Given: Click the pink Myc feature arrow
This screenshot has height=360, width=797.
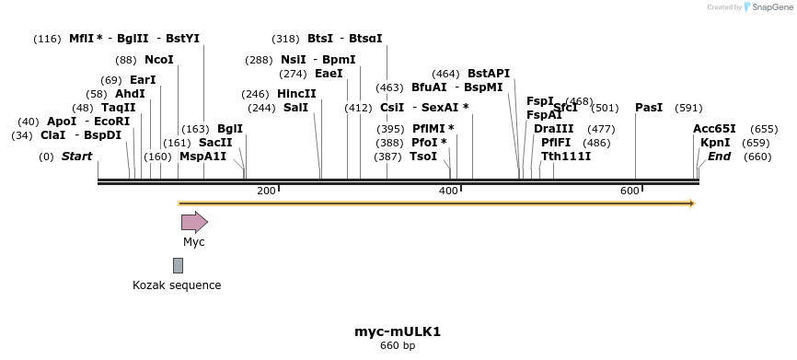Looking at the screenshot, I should [194, 222].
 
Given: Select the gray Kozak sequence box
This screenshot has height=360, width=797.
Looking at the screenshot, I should [178, 265].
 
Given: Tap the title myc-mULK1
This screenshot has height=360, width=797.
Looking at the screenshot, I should [398, 331].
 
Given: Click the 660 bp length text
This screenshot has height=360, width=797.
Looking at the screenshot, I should [398, 346].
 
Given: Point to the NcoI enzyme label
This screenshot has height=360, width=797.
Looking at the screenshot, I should [159, 60].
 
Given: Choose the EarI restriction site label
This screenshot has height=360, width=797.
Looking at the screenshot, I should [143, 80].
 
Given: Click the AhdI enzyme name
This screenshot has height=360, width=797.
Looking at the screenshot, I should [130, 94].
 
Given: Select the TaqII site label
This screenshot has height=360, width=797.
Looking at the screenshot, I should [118, 108].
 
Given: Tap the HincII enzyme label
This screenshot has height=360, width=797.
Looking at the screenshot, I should [296, 94].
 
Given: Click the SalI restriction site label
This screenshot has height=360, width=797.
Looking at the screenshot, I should [295, 108].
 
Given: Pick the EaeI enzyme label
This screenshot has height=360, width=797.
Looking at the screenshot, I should [329, 74].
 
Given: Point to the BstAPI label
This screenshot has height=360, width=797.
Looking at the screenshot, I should [489, 74].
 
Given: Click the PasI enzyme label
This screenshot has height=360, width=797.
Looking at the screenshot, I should [649, 108].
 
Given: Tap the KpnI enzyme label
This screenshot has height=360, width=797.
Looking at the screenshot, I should [715, 143].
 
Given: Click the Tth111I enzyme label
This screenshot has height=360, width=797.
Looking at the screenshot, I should [566, 157].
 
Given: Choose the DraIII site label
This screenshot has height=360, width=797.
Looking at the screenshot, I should [554, 129].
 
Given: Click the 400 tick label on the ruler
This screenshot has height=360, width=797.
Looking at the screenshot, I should [448, 191].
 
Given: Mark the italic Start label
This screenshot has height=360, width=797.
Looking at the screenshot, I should [76, 157].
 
